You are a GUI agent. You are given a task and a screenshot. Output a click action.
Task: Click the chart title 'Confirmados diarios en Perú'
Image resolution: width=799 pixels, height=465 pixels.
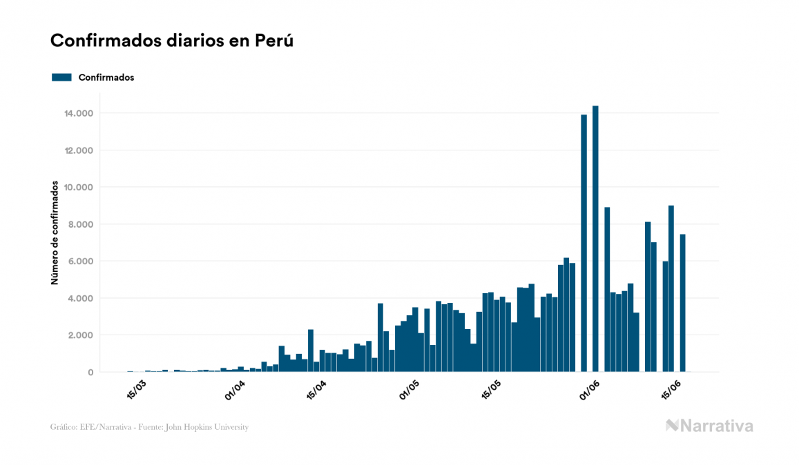(172, 41)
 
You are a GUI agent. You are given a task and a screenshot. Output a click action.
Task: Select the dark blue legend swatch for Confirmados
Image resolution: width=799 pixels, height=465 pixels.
(61, 77)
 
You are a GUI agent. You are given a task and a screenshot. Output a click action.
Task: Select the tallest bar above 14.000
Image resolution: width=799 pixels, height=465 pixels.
(595, 238)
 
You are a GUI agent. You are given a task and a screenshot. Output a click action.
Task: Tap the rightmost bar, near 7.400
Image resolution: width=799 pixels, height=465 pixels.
(682, 304)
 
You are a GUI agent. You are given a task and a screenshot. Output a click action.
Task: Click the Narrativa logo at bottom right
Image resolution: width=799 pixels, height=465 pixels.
(709, 426)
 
